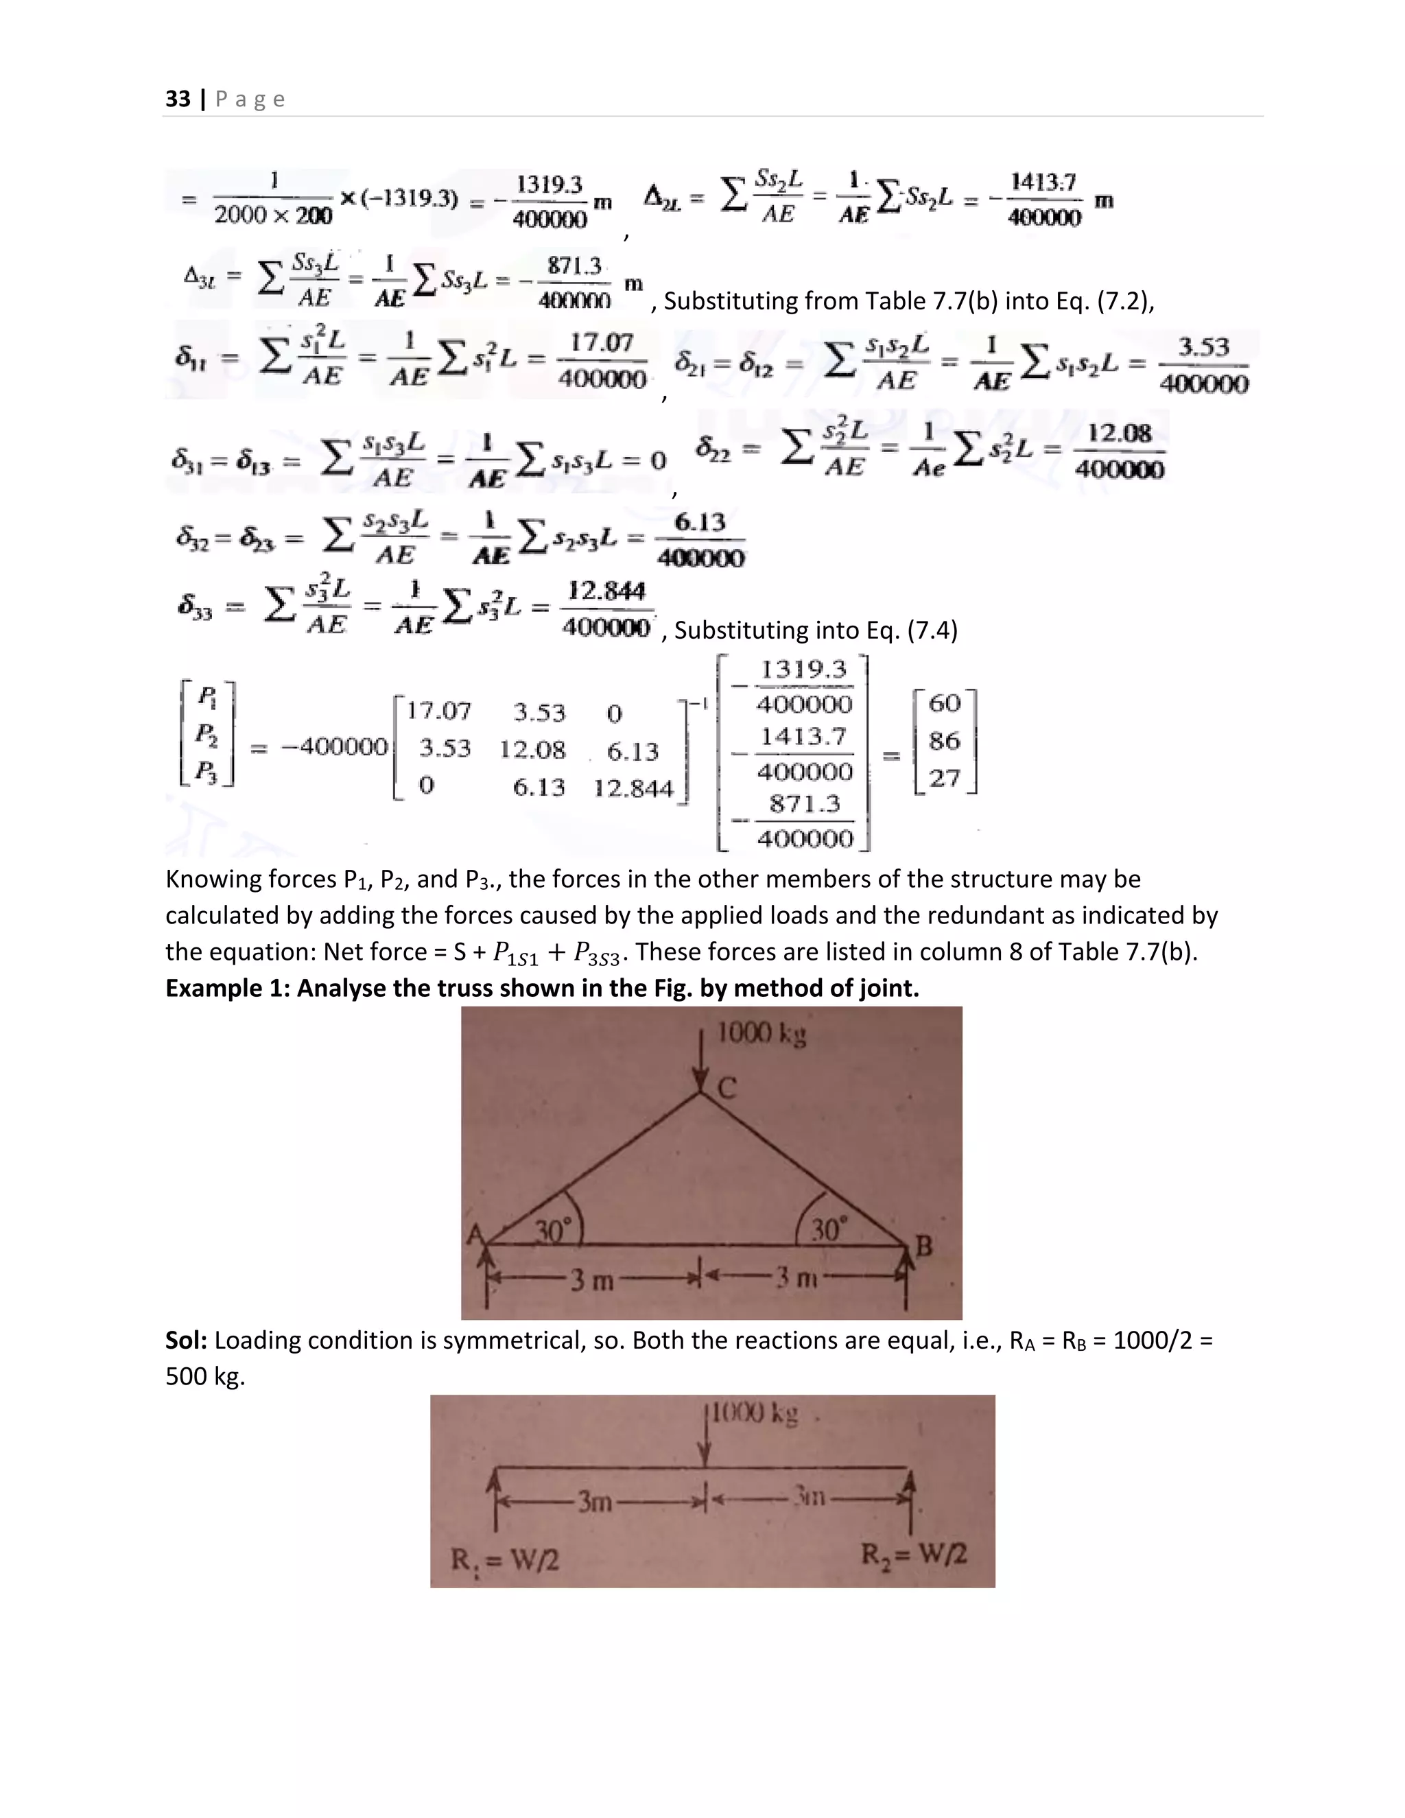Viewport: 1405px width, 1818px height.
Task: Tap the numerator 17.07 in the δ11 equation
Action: (x=601, y=343)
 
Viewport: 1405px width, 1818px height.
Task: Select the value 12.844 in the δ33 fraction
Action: (x=606, y=591)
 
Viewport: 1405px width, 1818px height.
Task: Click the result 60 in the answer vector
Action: (x=945, y=703)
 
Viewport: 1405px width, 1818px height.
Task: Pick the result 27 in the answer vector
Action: (x=945, y=779)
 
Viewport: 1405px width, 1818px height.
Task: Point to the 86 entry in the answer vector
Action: (x=945, y=740)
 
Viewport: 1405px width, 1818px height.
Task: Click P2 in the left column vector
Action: (x=206, y=735)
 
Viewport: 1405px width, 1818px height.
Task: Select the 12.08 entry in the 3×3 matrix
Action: (x=532, y=750)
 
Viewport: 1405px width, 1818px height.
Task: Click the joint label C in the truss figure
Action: (x=727, y=1088)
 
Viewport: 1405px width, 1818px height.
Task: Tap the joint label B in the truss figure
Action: (x=924, y=1246)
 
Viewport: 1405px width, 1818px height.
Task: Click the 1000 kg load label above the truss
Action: (x=761, y=1034)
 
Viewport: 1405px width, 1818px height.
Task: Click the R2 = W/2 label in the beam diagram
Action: (x=913, y=1554)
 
